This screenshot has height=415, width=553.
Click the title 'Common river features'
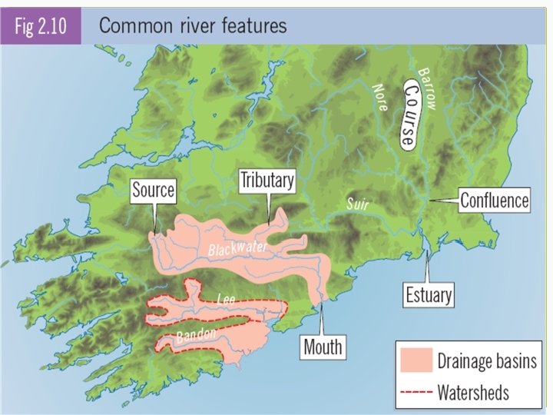click(x=193, y=25)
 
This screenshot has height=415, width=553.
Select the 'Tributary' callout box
click(x=267, y=181)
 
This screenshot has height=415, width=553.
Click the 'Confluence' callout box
click(x=495, y=201)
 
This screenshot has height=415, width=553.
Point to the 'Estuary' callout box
click(x=429, y=294)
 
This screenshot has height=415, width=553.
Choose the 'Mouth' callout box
click(x=323, y=347)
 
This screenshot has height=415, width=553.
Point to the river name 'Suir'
click(x=357, y=204)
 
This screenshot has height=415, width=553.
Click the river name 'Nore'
click(x=380, y=96)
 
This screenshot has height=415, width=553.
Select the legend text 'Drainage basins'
click(x=486, y=361)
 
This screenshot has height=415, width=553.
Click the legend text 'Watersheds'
click(x=472, y=393)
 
